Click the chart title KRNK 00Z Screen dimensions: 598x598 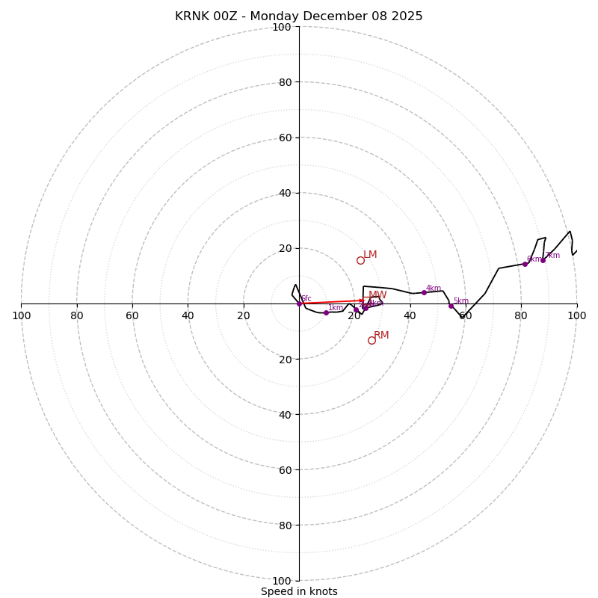click(299, 16)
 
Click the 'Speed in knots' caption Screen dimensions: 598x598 click(299, 591)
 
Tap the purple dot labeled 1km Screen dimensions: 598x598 click(326, 312)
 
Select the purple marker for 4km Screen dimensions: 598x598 click(424, 292)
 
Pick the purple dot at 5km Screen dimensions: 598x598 click(451, 306)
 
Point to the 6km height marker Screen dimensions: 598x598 click(525, 264)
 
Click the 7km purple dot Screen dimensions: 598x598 click(543, 260)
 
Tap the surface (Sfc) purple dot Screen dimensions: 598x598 click(299, 303)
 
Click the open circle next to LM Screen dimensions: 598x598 click(360, 260)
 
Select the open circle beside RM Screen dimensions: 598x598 click(372, 340)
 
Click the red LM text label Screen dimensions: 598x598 click(370, 255)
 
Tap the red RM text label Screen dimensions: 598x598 click(381, 336)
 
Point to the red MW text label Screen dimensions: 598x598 click(377, 295)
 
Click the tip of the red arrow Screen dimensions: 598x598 click(365, 300)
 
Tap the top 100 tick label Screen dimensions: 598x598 click(281, 27)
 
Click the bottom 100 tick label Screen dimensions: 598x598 click(281, 581)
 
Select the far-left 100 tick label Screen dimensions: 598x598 click(21, 316)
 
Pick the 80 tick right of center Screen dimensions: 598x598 click(521, 316)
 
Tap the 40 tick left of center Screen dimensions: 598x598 click(188, 316)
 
